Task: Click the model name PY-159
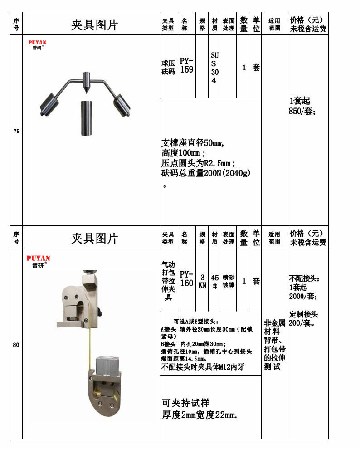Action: pos(186,65)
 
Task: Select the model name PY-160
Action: pos(186,278)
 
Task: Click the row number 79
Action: pos(16,132)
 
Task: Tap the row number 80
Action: pos(16,345)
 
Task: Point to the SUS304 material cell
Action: pos(214,68)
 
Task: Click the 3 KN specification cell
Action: pos(202,281)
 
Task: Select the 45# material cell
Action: pos(214,281)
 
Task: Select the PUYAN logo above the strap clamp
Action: pos(39,261)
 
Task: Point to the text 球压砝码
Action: pos(168,68)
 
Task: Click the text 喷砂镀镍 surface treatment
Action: pos(229,281)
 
